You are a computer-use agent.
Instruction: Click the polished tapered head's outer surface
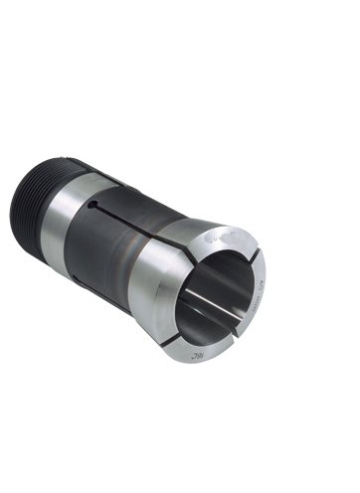(x=169, y=298)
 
